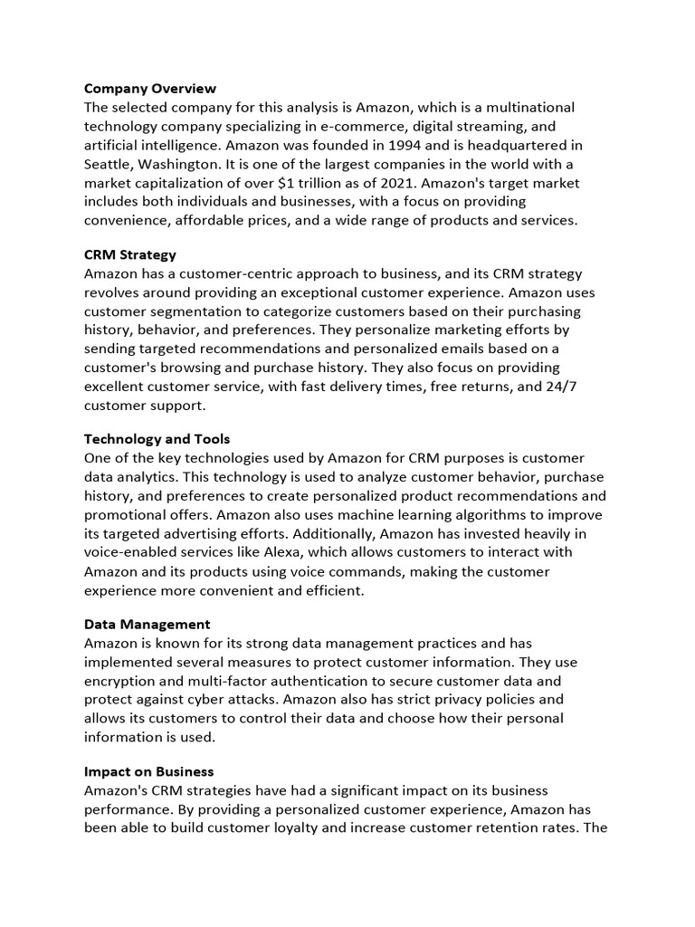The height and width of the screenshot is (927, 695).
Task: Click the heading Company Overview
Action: (x=150, y=89)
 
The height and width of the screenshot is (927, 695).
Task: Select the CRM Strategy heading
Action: (x=129, y=255)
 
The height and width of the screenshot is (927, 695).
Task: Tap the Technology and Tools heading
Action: (x=157, y=439)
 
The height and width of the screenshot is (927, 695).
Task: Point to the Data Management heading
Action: (x=148, y=624)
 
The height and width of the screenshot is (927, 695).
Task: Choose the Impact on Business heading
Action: (x=149, y=771)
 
